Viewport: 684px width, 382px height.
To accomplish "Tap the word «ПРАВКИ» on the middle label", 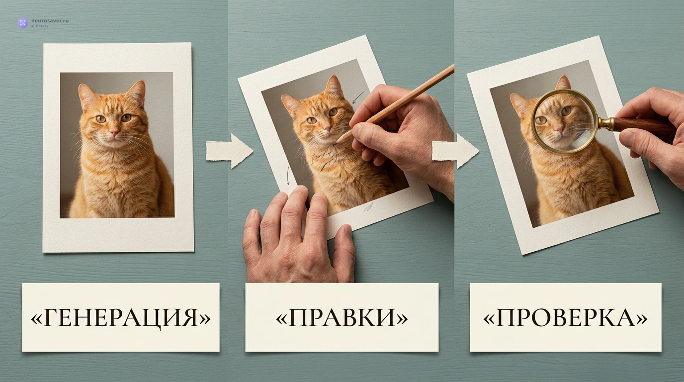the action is pyautogui.click(x=342, y=318).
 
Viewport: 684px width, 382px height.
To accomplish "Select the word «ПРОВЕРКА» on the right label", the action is pyautogui.click(x=565, y=318).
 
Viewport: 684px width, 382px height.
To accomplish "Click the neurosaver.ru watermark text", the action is pyautogui.click(x=50, y=21).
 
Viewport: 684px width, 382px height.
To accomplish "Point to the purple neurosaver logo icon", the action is pyautogui.click(x=23, y=23).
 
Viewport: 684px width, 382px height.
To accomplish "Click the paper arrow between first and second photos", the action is pyautogui.click(x=230, y=151).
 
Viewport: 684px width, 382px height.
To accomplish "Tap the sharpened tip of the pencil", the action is pyautogui.click(x=335, y=143).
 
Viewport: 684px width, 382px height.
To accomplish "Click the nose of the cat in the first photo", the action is pyautogui.click(x=114, y=132).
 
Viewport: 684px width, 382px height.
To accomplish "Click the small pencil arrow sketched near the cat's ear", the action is pyautogui.click(x=358, y=96).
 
